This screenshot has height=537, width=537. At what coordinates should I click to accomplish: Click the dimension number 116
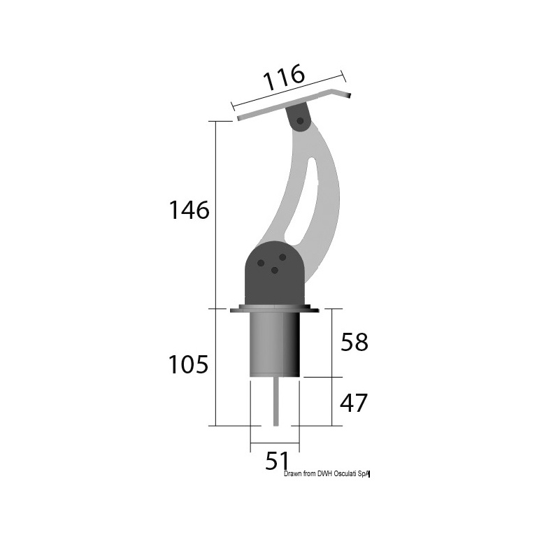pos(284,78)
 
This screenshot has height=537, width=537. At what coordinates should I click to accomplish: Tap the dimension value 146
pos(189,210)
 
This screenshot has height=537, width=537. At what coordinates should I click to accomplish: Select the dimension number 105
pos(188,364)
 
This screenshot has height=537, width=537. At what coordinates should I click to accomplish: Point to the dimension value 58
pos(354,342)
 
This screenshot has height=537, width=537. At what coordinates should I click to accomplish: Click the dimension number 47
pos(353,403)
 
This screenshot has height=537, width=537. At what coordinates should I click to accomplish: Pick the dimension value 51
pos(277,461)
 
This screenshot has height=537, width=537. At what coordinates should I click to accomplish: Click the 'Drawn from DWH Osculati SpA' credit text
pos(327,474)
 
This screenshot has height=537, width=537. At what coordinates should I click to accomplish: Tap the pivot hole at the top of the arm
pos(300,120)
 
